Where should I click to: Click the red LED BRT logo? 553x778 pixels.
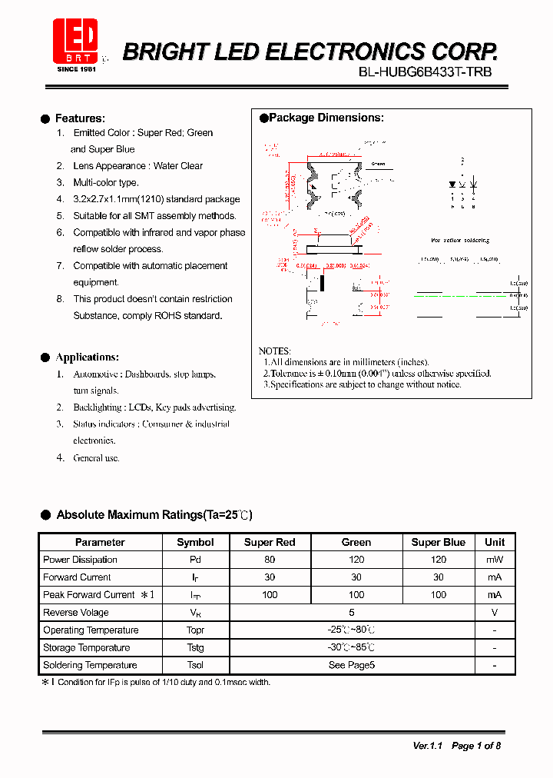(x=75, y=40)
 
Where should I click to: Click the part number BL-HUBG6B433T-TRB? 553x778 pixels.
(x=425, y=72)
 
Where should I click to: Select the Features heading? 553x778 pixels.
(x=80, y=118)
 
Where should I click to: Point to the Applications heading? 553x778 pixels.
(x=87, y=357)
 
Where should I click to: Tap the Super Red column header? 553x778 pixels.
(x=270, y=542)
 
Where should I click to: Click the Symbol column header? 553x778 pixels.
(x=195, y=542)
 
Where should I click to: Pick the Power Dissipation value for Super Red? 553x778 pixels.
(x=270, y=560)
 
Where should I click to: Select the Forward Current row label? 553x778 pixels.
(x=77, y=577)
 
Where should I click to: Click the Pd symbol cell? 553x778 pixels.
(x=195, y=560)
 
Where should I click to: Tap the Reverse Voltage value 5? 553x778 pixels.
(x=351, y=613)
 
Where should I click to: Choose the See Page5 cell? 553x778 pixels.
(x=351, y=665)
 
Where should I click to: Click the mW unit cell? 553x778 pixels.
(x=495, y=560)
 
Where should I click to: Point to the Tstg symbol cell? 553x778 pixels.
(x=195, y=647)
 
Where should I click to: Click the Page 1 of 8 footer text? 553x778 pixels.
(x=476, y=746)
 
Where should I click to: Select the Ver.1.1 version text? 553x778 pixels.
(x=428, y=746)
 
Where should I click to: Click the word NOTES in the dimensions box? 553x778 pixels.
(x=274, y=351)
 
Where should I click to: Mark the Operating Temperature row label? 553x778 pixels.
(x=91, y=630)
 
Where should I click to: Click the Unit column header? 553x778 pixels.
(x=495, y=542)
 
